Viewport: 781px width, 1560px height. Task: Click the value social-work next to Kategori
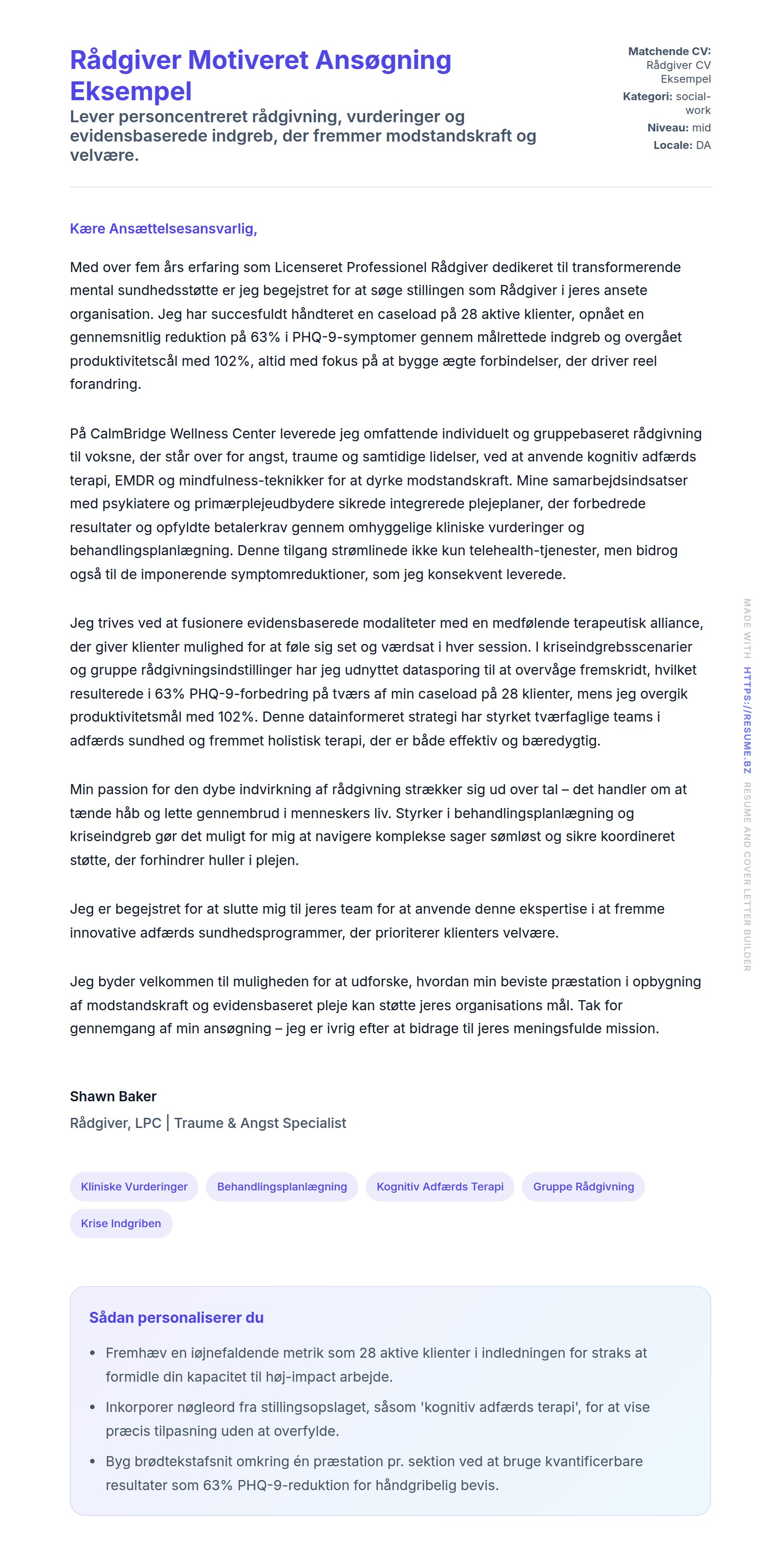693,103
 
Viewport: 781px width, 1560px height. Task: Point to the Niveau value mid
701,128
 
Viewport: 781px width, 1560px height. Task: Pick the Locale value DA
703,145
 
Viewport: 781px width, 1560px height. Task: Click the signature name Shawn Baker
113,1096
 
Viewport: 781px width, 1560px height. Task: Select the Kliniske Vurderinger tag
134,1186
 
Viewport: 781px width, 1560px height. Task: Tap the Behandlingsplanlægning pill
282,1186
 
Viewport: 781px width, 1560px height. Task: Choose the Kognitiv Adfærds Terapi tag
440,1186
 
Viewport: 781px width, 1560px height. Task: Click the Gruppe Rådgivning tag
583,1186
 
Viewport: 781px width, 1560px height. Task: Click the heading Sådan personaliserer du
176,1318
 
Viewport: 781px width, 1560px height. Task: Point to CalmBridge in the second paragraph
128,433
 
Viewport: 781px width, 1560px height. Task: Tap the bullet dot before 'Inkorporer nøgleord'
93,1407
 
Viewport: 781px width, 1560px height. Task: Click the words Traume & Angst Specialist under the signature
260,1123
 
